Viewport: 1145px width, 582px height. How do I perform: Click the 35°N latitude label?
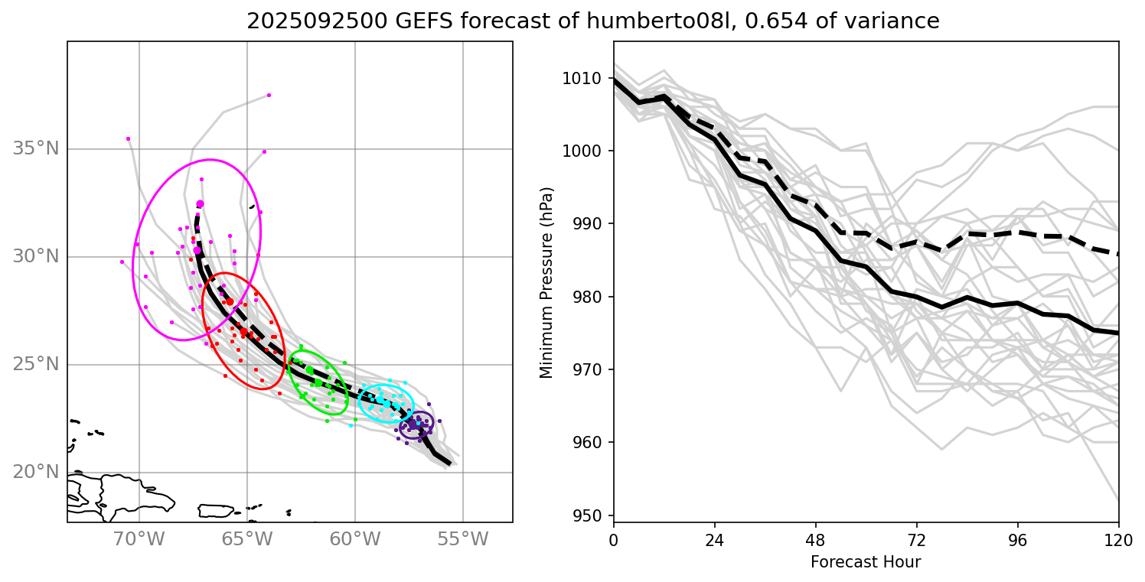tap(36, 148)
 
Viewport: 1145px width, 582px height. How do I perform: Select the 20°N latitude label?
tap(36, 472)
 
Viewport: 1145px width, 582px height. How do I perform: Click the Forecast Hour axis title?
tap(866, 562)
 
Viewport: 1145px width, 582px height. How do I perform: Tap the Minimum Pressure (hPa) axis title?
tap(546, 282)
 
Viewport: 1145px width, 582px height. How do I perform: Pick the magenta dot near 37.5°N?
tap(269, 95)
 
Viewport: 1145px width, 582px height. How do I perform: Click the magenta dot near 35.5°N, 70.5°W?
tap(128, 138)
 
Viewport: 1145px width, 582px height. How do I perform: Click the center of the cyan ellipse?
tap(387, 400)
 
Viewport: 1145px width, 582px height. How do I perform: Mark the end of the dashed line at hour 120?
tap(1118, 254)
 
